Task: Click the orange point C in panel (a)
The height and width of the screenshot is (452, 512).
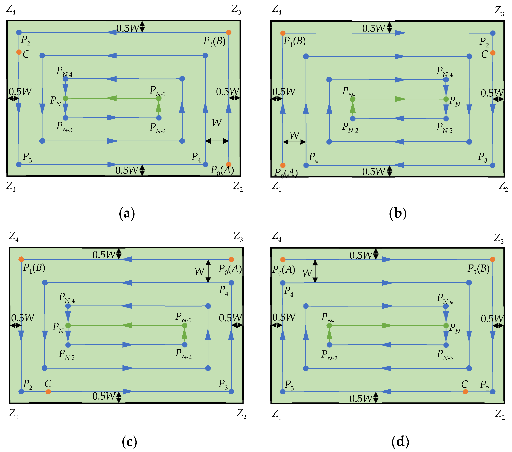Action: coord(19,52)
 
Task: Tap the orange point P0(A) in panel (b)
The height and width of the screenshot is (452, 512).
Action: coord(283,165)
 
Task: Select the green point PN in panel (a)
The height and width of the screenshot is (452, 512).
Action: coord(65,98)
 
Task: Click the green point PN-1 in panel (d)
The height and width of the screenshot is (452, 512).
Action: coord(329,326)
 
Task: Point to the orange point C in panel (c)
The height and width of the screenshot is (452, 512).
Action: coord(48,392)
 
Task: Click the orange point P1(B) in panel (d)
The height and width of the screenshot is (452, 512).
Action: coord(492,259)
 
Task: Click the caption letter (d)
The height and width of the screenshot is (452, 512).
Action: coord(400,441)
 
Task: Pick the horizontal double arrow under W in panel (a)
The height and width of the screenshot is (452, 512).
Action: coord(217,141)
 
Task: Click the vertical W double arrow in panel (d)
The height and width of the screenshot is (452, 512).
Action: coord(315,271)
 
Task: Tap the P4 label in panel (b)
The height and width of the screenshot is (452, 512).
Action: coord(313,157)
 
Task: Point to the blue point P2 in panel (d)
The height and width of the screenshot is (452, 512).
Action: coord(492,392)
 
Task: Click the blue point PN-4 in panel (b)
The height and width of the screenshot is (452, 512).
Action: coord(446,80)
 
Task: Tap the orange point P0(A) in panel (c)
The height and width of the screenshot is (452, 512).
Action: coord(231,259)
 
